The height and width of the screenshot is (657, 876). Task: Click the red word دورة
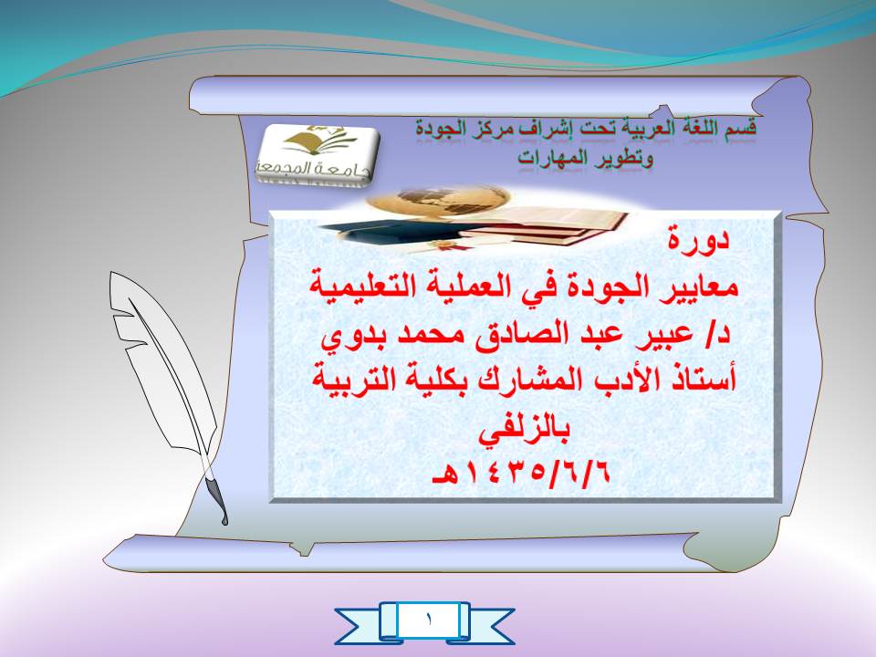[699, 239]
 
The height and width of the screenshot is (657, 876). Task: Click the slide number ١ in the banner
[429, 619]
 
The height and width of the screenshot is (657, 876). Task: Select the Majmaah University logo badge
[317, 153]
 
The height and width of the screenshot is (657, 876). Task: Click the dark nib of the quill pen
[217, 497]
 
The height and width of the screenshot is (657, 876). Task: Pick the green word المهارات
[554, 158]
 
